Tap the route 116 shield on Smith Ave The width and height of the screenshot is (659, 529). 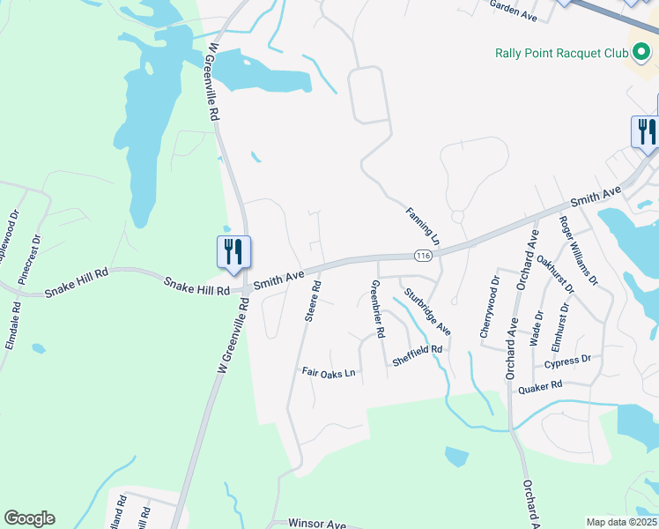pos(424,256)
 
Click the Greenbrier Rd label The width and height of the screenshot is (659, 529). pos(376,309)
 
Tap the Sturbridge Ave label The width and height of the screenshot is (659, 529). pos(427,312)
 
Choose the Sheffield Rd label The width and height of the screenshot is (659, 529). pos(417,349)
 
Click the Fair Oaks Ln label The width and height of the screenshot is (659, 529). pos(328,373)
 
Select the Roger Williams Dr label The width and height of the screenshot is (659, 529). pos(578,252)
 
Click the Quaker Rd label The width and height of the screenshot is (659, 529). pos(540,387)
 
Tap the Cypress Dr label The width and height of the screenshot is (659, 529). pos(567,361)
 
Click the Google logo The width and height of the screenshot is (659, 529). pos(29,518)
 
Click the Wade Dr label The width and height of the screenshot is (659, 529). pos(537,328)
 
